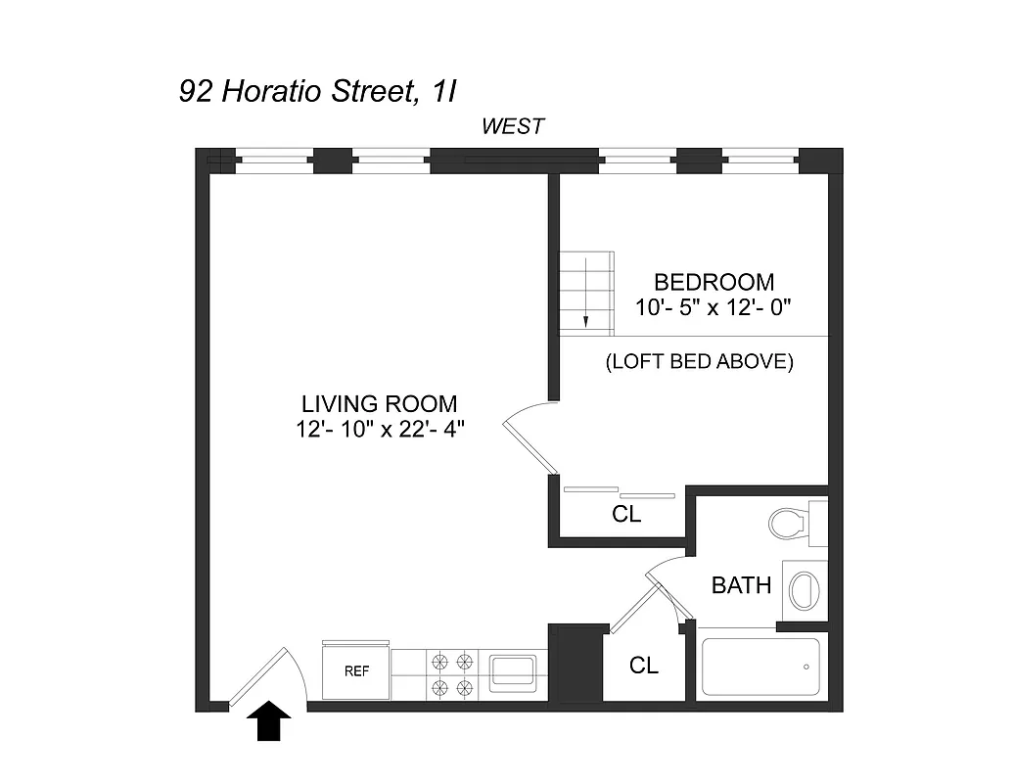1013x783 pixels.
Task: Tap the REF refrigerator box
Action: (x=355, y=671)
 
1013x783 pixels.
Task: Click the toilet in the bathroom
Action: (x=790, y=522)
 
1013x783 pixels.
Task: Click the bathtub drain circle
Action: (x=806, y=668)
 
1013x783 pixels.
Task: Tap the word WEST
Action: (x=512, y=126)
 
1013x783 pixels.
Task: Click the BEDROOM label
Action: (x=714, y=283)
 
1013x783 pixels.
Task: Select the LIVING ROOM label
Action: (x=379, y=403)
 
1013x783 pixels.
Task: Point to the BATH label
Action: (x=741, y=586)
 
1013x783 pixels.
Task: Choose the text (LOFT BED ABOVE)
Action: (x=699, y=361)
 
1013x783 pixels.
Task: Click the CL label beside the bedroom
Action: (x=626, y=514)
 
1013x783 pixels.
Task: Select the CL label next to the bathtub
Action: (x=643, y=666)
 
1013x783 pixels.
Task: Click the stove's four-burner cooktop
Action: (x=451, y=673)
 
